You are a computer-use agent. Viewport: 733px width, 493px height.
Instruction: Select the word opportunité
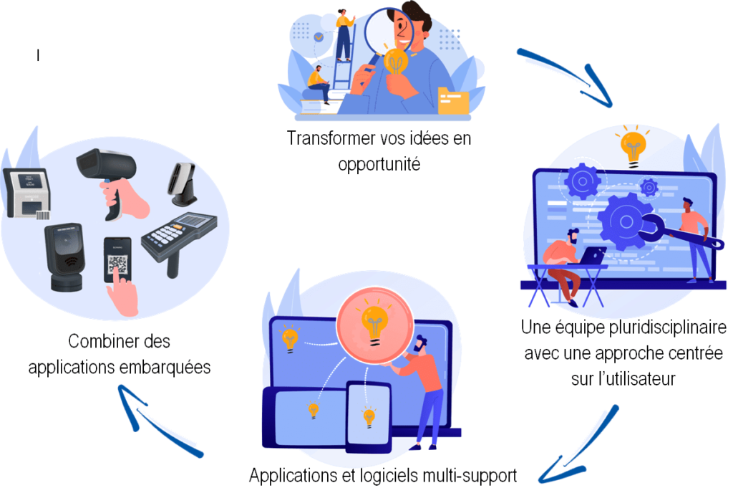[x=379, y=165]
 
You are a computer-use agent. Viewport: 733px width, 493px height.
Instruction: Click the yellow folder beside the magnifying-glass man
[x=453, y=100]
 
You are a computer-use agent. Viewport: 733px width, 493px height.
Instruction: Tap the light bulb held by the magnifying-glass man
[x=396, y=62]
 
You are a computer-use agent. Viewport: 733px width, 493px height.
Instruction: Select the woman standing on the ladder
[x=344, y=36]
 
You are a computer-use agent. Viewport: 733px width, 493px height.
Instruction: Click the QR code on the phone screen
[x=117, y=264]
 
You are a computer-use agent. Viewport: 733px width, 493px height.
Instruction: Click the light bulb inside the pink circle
[x=375, y=322]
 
